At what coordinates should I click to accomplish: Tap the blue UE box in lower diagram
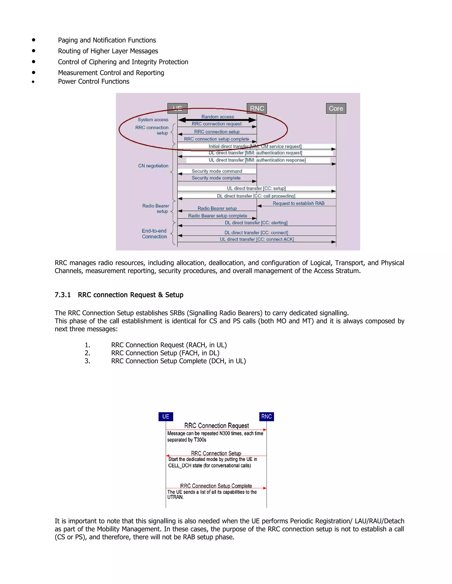(x=166, y=416)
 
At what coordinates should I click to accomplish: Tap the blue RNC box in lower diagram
(x=266, y=416)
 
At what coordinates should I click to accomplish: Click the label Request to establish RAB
(x=298, y=203)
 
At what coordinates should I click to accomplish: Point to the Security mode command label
(x=217, y=171)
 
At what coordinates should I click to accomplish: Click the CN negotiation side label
(x=153, y=166)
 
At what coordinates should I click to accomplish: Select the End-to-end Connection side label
(x=154, y=234)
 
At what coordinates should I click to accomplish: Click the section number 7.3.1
(x=63, y=295)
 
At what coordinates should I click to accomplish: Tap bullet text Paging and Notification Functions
(x=107, y=40)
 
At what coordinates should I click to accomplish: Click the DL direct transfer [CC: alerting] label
(x=256, y=223)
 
